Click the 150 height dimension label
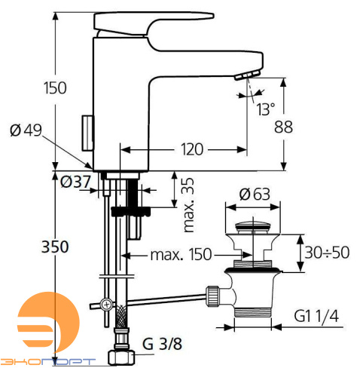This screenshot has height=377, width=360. pos(55,88)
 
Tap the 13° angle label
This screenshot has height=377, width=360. pos(266,109)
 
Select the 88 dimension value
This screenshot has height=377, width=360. pos(283,127)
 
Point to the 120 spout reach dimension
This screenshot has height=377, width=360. pos(192,149)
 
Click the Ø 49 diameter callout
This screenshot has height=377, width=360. pos(26,130)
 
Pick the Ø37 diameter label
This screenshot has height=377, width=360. pos(75,182)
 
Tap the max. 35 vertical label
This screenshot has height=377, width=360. pos(189,205)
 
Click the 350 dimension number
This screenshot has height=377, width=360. pos(55,247)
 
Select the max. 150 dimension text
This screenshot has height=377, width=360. pos(181,254)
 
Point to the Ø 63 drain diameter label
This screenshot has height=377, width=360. pos(255,195)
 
